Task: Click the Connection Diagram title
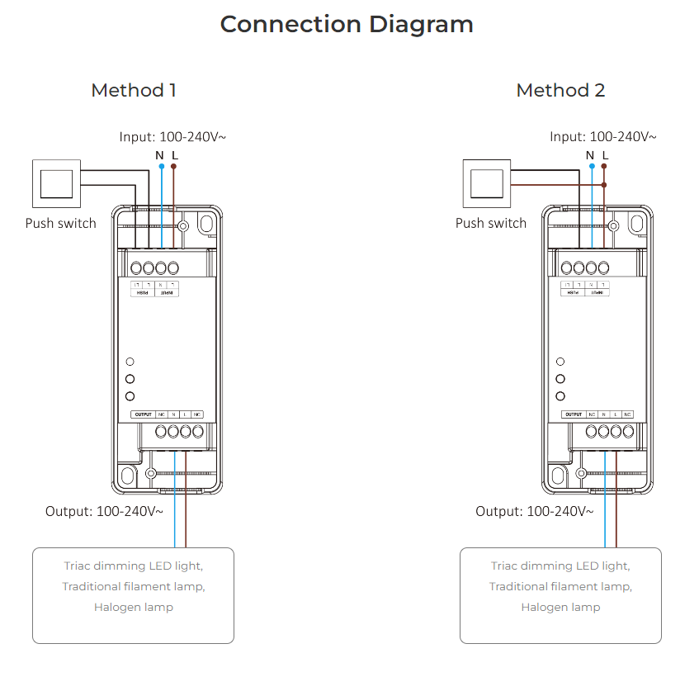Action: click(x=347, y=25)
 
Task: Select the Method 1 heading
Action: click(x=134, y=91)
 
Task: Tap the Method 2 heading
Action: click(x=560, y=91)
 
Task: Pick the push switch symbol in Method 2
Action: click(x=487, y=183)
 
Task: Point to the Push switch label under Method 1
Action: click(x=60, y=224)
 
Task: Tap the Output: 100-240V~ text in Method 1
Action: click(x=104, y=512)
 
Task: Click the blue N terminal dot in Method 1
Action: click(x=161, y=167)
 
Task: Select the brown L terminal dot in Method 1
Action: click(x=173, y=167)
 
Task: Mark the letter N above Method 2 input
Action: click(x=590, y=154)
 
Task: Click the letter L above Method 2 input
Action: click(x=605, y=154)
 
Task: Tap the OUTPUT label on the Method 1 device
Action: click(x=144, y=414)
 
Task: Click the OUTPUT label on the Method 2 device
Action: click(x=574, y=414)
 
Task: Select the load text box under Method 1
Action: click(x=133, y=595)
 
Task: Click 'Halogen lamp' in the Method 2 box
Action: click(x=560, y=608)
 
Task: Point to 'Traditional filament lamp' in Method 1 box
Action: click(x=133, y=587)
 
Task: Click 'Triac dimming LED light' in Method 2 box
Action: click(x=560, y=566)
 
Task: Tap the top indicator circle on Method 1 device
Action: click(x=130, y=362)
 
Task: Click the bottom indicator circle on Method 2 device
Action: click(x=560, y=396)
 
